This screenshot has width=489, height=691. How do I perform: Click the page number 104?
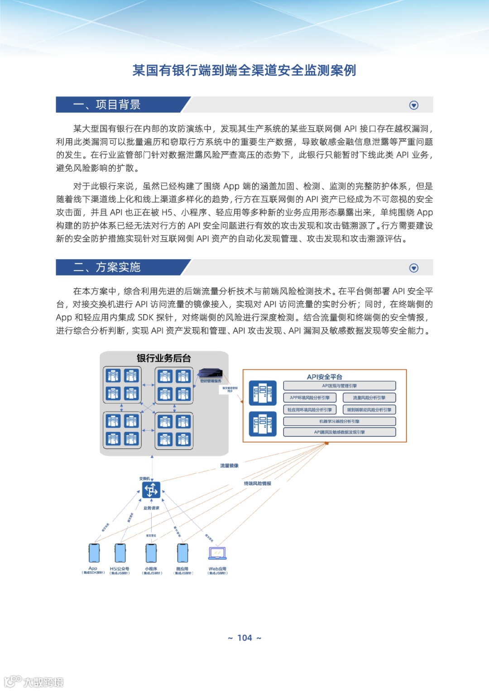(244, 638)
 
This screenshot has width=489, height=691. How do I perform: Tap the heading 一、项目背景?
(107, 105)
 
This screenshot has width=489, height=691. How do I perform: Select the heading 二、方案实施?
(107, 267)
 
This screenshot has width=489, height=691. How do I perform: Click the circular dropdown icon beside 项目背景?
(413, 105)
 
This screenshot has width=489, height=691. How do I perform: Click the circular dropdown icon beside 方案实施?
(413, 268)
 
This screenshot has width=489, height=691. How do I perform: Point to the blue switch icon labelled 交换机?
(151, 490)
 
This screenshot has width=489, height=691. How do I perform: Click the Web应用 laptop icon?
(217, 553)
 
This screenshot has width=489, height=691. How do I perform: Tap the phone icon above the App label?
(94, 553)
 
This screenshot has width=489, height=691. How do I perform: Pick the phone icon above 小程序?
(151, 553)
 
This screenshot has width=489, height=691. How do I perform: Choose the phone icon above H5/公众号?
(120, 553)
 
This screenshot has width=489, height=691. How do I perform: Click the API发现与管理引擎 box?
(339, 386)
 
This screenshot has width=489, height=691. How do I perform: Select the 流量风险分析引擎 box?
(369, 398)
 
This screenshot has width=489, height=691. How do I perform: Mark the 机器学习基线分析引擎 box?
(339, 421)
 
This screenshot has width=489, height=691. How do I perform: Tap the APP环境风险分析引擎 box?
(310, 398)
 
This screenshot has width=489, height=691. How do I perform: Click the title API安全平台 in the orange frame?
(324, 376)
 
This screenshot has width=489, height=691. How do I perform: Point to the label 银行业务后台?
(164, 358)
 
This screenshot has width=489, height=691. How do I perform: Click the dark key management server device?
(211, 373)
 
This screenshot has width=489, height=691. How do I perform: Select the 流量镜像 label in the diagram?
(229, 465)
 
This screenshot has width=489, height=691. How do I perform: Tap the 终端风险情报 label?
(258, 483)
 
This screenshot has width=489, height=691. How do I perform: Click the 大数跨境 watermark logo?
(34, 681)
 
